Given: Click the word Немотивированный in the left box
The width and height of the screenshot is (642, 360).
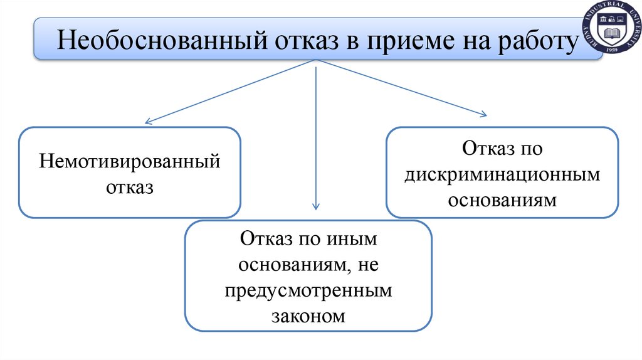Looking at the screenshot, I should point(130,161).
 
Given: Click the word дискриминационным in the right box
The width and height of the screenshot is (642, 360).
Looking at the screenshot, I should point(502,175).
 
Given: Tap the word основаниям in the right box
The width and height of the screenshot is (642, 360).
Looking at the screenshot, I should point(502,201).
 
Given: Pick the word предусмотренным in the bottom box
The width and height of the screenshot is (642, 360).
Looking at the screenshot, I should point(308,290).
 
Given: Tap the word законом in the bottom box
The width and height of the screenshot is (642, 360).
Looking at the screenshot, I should point(308,315).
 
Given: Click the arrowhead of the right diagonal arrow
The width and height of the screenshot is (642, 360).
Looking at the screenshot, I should point(483,114).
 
